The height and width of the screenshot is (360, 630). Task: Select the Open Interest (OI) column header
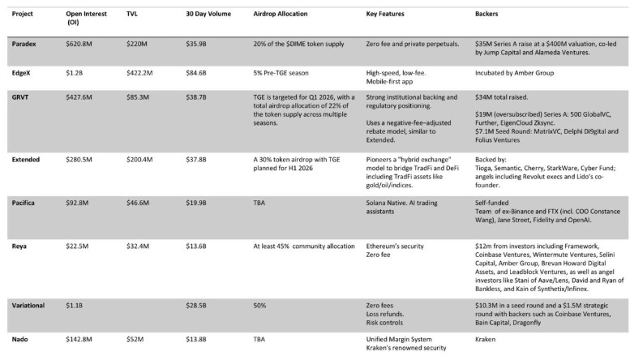(85, 19)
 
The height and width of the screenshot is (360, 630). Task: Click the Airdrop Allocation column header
(271, 15)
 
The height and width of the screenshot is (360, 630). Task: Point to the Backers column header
(487, 15)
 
